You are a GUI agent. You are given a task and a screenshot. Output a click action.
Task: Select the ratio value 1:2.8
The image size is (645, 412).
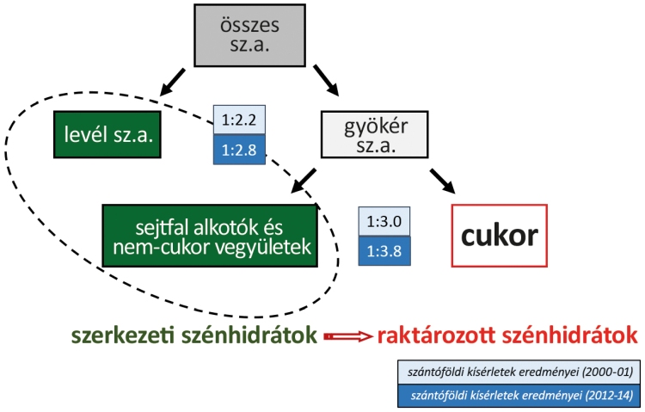240,149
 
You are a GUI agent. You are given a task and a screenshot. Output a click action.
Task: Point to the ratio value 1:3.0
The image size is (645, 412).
385,221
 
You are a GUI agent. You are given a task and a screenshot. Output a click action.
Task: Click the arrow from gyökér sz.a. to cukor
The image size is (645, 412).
440,179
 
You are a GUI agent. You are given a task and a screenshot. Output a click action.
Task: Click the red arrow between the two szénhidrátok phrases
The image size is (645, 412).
347,336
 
